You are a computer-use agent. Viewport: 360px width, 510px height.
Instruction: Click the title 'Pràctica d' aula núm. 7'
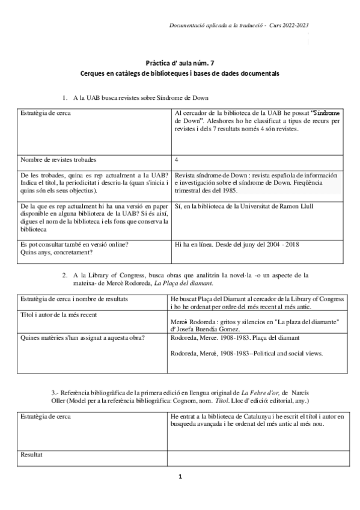[x=180, y=62]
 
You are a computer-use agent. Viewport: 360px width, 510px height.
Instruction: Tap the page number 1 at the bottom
[x=180, y=477]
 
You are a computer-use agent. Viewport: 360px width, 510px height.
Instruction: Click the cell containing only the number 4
[x=176, y=160]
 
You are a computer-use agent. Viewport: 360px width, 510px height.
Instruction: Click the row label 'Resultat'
[x=31, y=455]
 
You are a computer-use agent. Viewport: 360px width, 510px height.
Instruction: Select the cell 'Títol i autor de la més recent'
[x=58, y=315]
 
